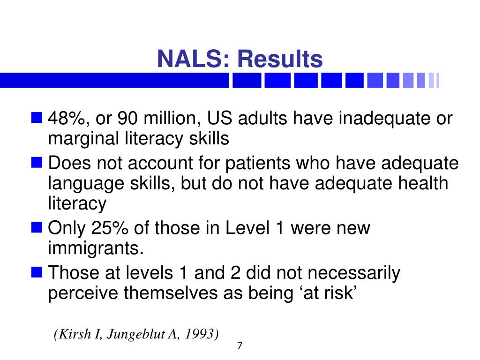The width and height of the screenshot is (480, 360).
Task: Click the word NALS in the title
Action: (193, 59)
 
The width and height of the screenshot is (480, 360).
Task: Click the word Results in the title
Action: (280, 59)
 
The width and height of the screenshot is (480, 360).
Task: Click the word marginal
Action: (83, 139)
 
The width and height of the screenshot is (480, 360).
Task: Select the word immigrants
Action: (96, 248)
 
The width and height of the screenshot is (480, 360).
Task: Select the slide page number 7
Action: (240, 345)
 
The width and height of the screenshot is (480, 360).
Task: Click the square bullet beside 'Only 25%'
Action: (37, 228)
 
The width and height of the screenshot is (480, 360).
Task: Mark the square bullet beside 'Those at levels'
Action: (37, 272)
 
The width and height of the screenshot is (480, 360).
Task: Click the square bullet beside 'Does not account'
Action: (37, 163)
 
